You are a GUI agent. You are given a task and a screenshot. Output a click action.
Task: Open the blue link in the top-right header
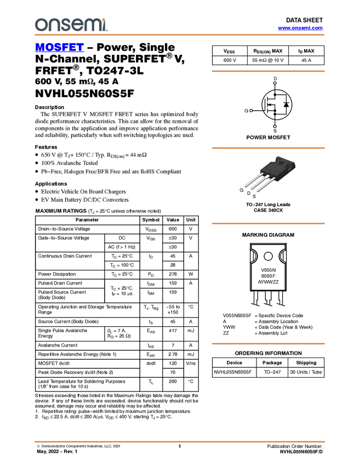pos(300,28)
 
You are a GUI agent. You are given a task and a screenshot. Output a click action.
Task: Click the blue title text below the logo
pos(59,48)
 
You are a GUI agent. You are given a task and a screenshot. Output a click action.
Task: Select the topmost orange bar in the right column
pos(268,71)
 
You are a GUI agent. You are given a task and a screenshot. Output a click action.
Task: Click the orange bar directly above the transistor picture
pos(268,148)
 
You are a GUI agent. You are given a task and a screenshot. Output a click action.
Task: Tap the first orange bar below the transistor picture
pos(268,224)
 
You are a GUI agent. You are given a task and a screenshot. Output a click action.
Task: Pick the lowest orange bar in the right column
pos(268,344)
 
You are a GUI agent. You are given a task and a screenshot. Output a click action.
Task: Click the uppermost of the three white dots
pos(275,83)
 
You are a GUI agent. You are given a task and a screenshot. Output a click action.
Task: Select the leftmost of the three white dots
pos(251,111)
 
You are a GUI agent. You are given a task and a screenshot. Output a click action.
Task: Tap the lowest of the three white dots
pos(275,127)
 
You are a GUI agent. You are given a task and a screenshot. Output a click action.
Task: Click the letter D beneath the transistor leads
pos(248,194)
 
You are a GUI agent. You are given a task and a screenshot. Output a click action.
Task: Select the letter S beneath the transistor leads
pos(254,196)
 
